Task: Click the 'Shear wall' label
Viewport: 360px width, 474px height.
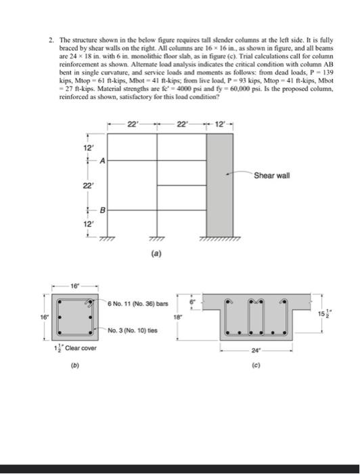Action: tap(272, 176)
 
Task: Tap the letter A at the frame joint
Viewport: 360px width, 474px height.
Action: tap(102, 160)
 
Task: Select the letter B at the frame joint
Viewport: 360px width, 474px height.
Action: tap(102, 210)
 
